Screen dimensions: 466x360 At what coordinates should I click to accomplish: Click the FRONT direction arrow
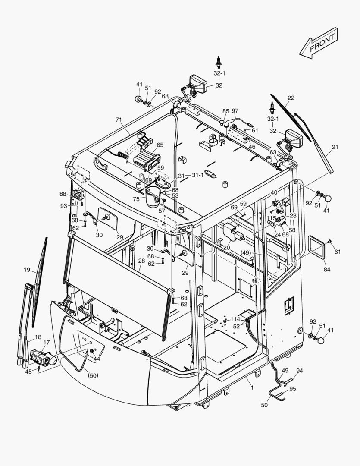point(319,42)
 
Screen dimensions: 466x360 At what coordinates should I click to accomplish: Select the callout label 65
point(160,145)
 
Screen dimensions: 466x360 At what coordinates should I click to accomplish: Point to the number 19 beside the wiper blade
point(27,270)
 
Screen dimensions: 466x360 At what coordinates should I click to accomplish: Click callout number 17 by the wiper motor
point(47,342)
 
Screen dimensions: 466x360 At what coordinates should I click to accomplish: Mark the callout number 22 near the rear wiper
point(291,98)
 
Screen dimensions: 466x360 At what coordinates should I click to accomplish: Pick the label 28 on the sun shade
point(141,261)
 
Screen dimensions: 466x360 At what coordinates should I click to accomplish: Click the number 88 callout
point(63,194)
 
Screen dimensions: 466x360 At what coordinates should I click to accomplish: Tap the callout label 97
point(235,111)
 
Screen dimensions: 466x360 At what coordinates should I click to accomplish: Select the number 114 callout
point(235,319)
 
